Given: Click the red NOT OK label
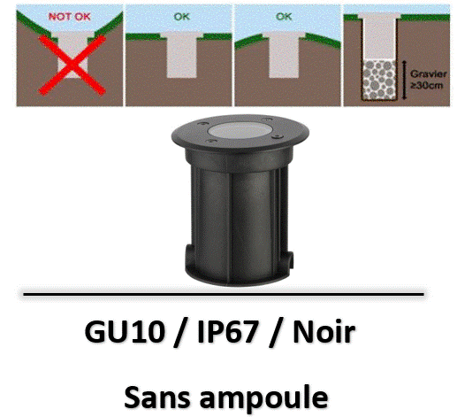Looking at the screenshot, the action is click(x=70, y=17).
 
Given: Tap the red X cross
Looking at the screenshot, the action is click(x=72, y=65).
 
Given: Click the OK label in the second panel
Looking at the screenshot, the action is click(x=182, y=17).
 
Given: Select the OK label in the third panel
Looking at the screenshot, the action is click(x=284, y=17).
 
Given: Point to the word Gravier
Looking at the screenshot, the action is click(x=429, y=73).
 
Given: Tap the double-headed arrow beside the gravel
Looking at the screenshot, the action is click(x=405, y=80).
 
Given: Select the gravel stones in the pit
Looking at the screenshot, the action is click(x=379, y=80).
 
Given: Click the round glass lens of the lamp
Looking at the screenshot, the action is click(x=240, y=130).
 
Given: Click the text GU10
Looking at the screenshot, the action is click(x=125, y=332).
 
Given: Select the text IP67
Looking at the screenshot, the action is click(x=227, y=332).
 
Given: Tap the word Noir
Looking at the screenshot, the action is click(x=324, y=332).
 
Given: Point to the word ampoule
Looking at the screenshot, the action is click(x=263, y=398).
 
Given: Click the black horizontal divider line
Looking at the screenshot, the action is click(x=224, y=294).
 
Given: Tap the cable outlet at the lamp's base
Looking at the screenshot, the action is click(x=290, y=259).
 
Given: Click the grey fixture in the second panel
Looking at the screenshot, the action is click(x=181, y=55).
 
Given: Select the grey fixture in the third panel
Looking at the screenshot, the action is click(x=284, y=55).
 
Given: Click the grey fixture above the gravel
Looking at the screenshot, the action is click(x=379, y=36).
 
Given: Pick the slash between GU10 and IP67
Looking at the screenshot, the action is click(x=180, y=333).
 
